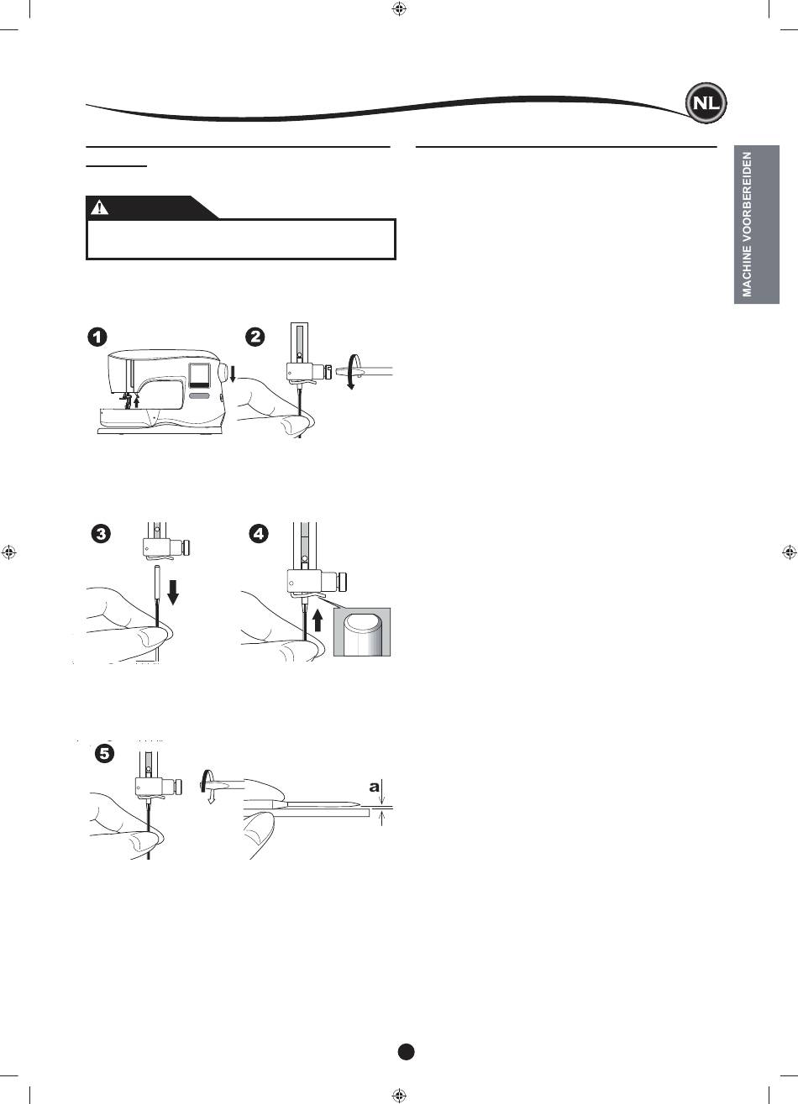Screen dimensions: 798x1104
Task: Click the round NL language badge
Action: click(x=706, y=103)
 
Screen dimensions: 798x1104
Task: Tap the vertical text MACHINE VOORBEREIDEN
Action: click(x=748, y=225)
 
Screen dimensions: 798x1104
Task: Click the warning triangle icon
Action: click(x=99, y=207)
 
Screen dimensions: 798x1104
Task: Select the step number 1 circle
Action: click(x=97, y=337)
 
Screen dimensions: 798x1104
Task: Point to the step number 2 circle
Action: click(x=255, y=337)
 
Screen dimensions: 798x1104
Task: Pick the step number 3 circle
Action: click(x=101, y=534)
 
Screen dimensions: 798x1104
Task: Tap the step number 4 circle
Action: click(x=259, y=534)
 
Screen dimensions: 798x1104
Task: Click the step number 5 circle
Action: click(x=104, y=753)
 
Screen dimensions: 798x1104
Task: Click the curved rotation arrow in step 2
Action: click(x=350, y=371)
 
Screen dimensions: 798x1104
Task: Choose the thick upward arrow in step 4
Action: click(x=318, y=619)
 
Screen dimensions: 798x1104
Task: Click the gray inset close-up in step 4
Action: click(x=362, y=632)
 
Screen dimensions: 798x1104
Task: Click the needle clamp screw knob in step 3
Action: click(x=186, y=547)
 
